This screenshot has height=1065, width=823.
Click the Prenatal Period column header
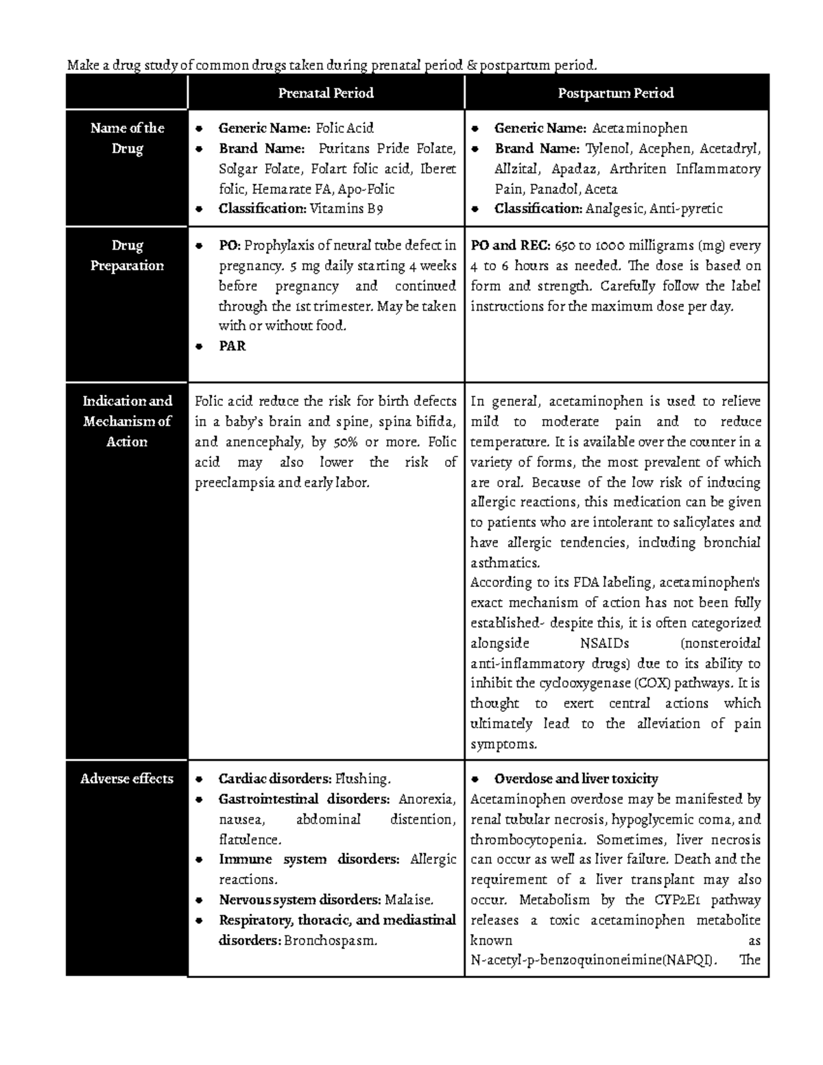coord(326,93)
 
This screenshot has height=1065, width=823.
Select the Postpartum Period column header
coord(616,93)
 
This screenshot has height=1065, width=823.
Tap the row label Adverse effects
coord(127,779)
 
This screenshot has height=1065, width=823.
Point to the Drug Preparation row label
coord(127,255)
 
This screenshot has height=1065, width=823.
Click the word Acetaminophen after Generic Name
coord(639,128)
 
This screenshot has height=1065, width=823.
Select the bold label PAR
coord(232,346)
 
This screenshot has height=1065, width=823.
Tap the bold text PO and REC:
coord(508,246)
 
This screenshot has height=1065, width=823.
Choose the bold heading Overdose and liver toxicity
coord(576,779)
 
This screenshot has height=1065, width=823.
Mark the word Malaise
coord(409,900)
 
